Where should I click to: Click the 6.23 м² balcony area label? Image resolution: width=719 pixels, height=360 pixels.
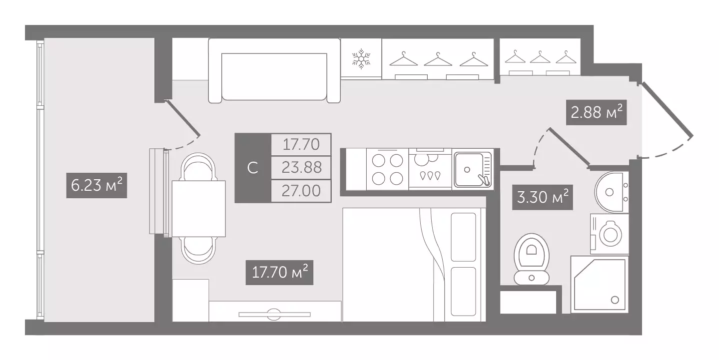96,185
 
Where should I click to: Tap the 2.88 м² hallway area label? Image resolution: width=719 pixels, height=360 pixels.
597,113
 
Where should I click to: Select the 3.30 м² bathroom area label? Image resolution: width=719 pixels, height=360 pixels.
543,197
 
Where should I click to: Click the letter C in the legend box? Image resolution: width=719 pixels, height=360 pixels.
253,168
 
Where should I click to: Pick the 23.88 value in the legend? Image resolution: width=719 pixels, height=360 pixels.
301,167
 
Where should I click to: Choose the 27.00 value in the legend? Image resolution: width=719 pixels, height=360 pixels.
301,191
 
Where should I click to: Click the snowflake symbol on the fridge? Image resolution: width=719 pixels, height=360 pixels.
361,59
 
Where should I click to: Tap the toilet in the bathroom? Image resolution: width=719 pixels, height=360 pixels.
532,259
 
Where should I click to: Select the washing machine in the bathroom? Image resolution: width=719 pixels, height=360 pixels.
609,234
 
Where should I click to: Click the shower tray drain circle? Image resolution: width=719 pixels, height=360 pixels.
615,300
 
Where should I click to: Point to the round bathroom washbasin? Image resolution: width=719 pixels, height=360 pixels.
612,192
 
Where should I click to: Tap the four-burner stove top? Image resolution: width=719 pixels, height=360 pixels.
387,169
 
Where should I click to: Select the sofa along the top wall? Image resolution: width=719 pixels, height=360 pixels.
274,70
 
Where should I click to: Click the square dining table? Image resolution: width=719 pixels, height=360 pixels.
199,209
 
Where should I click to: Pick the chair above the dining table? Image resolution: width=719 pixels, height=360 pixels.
198,167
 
